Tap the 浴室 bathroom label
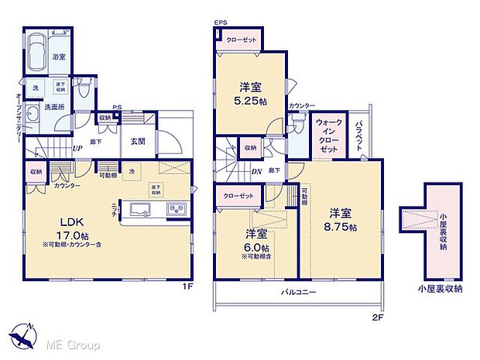[x=59, y=57]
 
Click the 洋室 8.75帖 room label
[x=342, y=220]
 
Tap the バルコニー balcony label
[x=297, y=292]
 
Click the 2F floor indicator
[x=377, y=316]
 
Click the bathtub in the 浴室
[x=37, y=50]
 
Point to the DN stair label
[x=257, y=171]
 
